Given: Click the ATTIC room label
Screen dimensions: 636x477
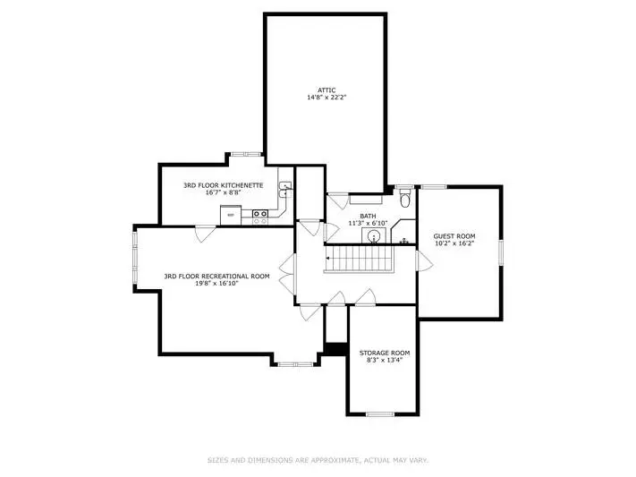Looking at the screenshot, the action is (x=326, y=90).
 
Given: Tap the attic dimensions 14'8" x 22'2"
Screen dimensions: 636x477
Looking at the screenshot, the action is (x=326, y=98).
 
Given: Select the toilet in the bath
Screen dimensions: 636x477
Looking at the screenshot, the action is (x=405, y=199).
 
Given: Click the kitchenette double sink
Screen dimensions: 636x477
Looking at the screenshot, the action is (x=285, y=190).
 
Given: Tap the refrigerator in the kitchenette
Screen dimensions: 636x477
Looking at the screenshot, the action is (x=231, y=215).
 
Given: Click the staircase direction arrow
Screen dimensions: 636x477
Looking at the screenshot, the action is (x=328, y=258).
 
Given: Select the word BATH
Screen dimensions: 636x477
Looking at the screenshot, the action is (x=368, y=216).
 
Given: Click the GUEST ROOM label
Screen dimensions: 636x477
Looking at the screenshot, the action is (x=454, y=236).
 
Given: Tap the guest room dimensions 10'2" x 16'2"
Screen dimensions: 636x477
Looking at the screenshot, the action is (x=454, y=243).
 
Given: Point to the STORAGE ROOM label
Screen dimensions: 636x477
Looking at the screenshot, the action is (x=385, y=353).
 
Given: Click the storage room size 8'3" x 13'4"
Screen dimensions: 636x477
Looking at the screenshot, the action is (x=385, y=360).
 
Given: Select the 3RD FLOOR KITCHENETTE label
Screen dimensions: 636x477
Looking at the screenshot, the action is (x=223, y=185).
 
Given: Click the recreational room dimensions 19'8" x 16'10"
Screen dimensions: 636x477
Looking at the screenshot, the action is (x=216, y=284).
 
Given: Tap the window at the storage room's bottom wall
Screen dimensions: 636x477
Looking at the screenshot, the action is (x=380, y=414).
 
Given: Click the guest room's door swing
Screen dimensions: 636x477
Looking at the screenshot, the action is (x=424, y=260).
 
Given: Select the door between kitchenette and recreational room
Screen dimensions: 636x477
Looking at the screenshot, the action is (x=206, y=234).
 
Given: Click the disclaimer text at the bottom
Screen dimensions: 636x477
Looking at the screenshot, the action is (x=318, y=460).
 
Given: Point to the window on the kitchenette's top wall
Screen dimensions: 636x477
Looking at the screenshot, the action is (x=247, y=154).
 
